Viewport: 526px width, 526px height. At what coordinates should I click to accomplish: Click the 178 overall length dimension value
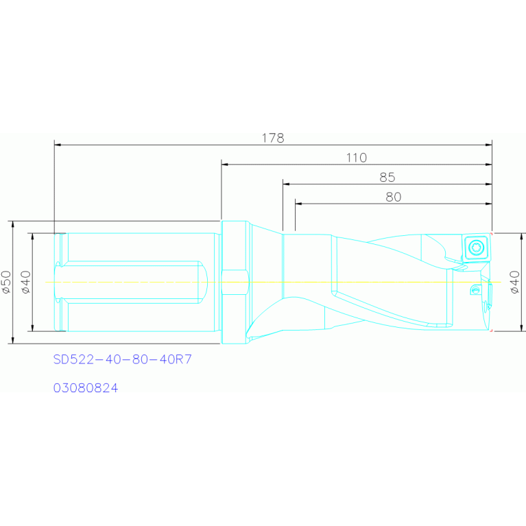coord(273,138)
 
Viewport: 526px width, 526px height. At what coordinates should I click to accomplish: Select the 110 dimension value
coord(356,158)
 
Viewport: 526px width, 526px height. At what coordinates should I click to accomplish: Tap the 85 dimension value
coord(387,177)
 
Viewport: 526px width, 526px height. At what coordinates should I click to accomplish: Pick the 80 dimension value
coord(394,197)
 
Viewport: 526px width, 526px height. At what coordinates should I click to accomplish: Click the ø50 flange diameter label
coord(6,283)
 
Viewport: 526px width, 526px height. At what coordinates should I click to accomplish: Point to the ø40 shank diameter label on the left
coord(26,283)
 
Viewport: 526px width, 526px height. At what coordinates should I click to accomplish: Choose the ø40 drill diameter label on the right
coord(514,283)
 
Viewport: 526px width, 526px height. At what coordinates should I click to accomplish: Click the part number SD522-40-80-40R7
coord(123,359)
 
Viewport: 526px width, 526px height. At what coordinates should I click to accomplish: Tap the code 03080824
coord(86,388)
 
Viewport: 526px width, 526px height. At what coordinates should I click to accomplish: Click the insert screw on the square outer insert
coord(477,248)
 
